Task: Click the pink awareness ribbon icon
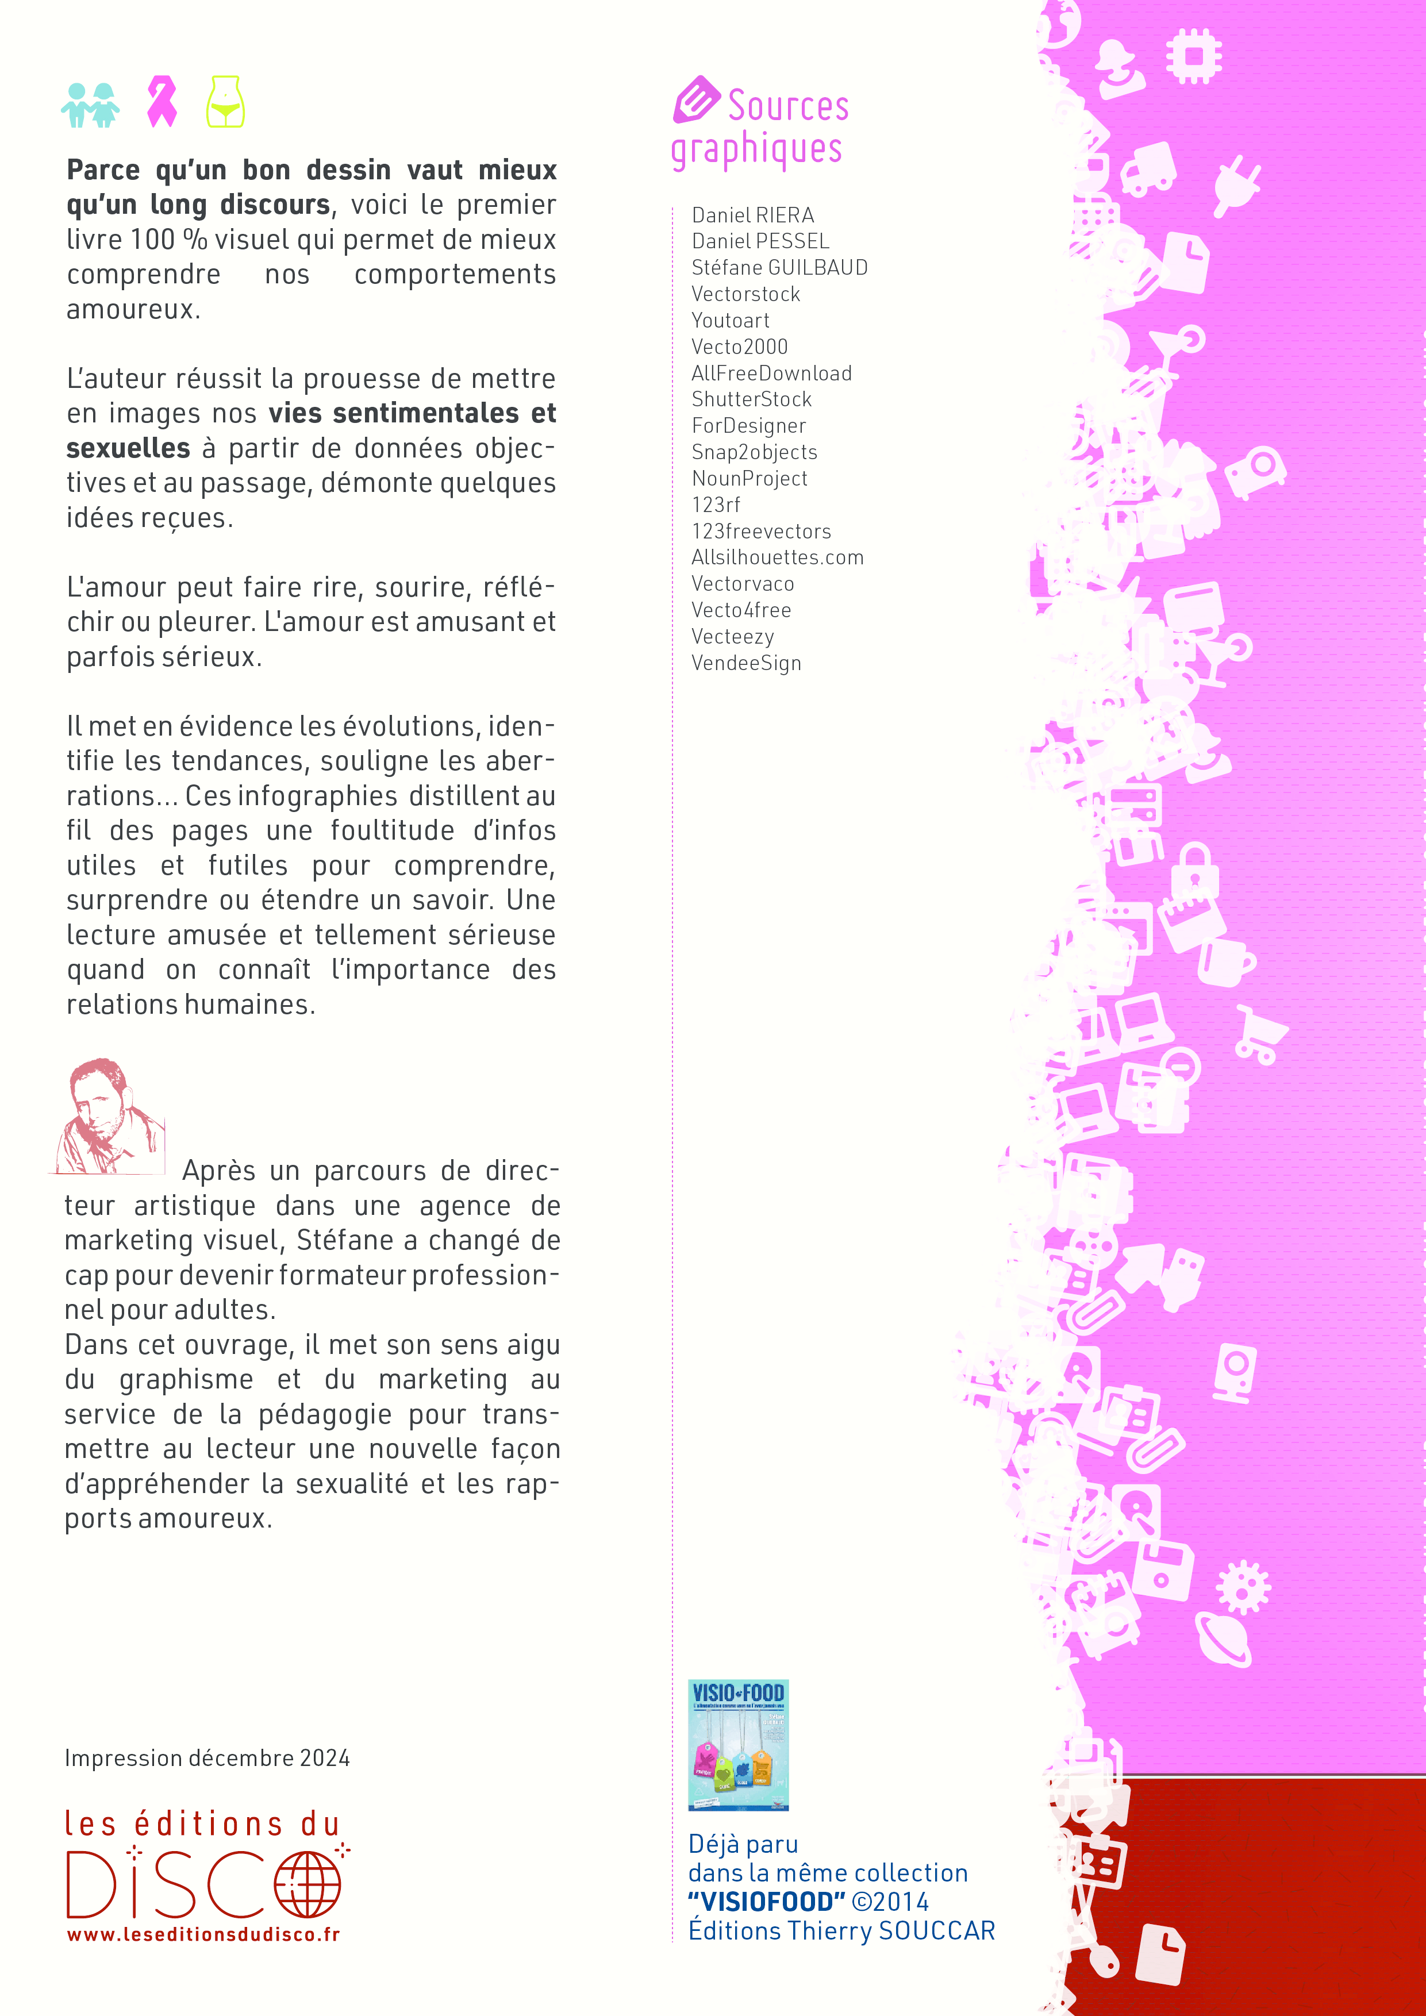162,101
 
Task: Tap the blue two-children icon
90,105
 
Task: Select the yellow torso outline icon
226,102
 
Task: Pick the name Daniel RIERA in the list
752,215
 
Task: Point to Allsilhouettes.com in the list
777,557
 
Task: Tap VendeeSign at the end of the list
747,663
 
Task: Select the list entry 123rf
716,505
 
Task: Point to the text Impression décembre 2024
207,1758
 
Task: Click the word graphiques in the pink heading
757,149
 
